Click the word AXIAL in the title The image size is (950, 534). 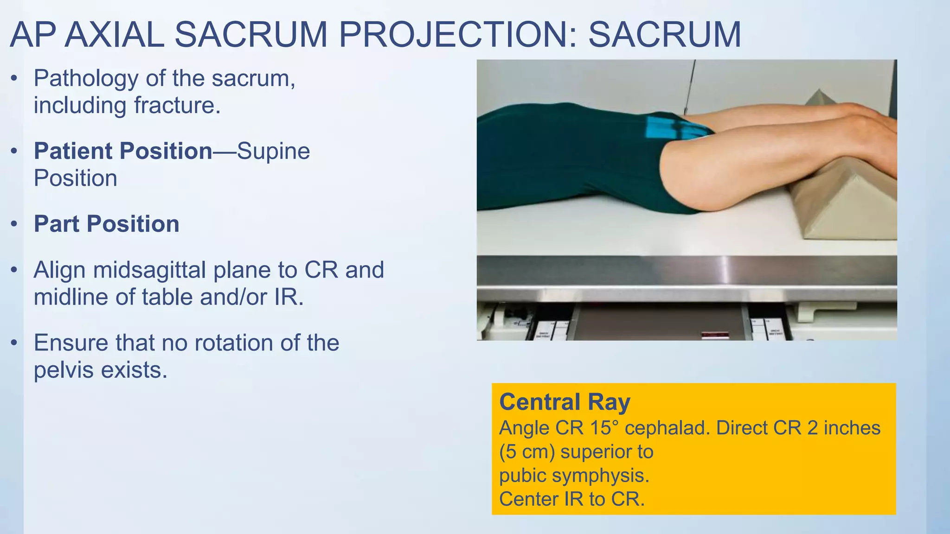click(114, 35)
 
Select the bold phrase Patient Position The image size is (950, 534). click(123, 151)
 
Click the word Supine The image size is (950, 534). click(273, 151)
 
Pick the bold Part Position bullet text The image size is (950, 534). click(107, 224)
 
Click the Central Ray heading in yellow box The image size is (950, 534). click(565, 401)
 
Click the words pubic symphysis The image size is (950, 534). click(574, 475)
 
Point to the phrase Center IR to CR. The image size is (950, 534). click(571, 499)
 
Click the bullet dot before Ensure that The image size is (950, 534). click(14, 343)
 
